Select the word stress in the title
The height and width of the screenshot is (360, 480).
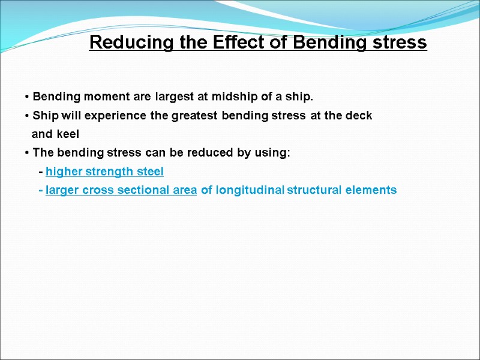[x=402, y=43]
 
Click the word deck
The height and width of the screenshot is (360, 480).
[x=360, y=116]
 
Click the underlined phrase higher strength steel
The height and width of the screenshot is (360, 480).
[x=104, y=172]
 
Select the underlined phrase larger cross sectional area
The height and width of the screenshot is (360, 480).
[x=121, y=190]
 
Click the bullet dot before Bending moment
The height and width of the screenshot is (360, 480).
[x=28, y=97]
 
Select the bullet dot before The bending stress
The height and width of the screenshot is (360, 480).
[x=28, y=154]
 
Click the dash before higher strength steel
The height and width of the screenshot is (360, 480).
[x=40, y=172]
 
